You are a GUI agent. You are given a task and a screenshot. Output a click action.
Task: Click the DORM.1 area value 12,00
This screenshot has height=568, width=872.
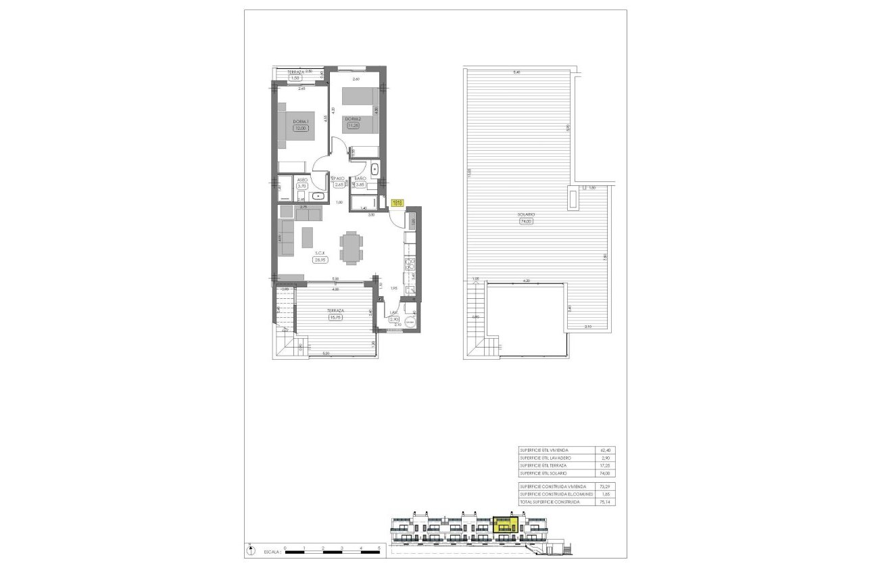point(299,128)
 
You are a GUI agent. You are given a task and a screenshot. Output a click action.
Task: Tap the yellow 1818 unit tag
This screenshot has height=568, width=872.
point(397,202)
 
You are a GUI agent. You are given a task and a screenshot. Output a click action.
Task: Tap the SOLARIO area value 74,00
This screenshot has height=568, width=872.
point(527,221)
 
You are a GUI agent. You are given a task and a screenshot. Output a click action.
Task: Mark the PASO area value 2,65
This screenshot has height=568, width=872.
point(339,184)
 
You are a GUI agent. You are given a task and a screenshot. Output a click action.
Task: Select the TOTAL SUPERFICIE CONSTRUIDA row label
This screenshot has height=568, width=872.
point(551,502)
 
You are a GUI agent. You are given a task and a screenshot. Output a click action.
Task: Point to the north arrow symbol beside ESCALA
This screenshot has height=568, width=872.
point(251,550)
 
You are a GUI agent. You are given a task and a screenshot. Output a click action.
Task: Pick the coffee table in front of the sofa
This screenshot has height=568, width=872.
point(308,237)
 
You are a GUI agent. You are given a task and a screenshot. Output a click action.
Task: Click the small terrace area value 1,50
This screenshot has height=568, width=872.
point(295,78)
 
